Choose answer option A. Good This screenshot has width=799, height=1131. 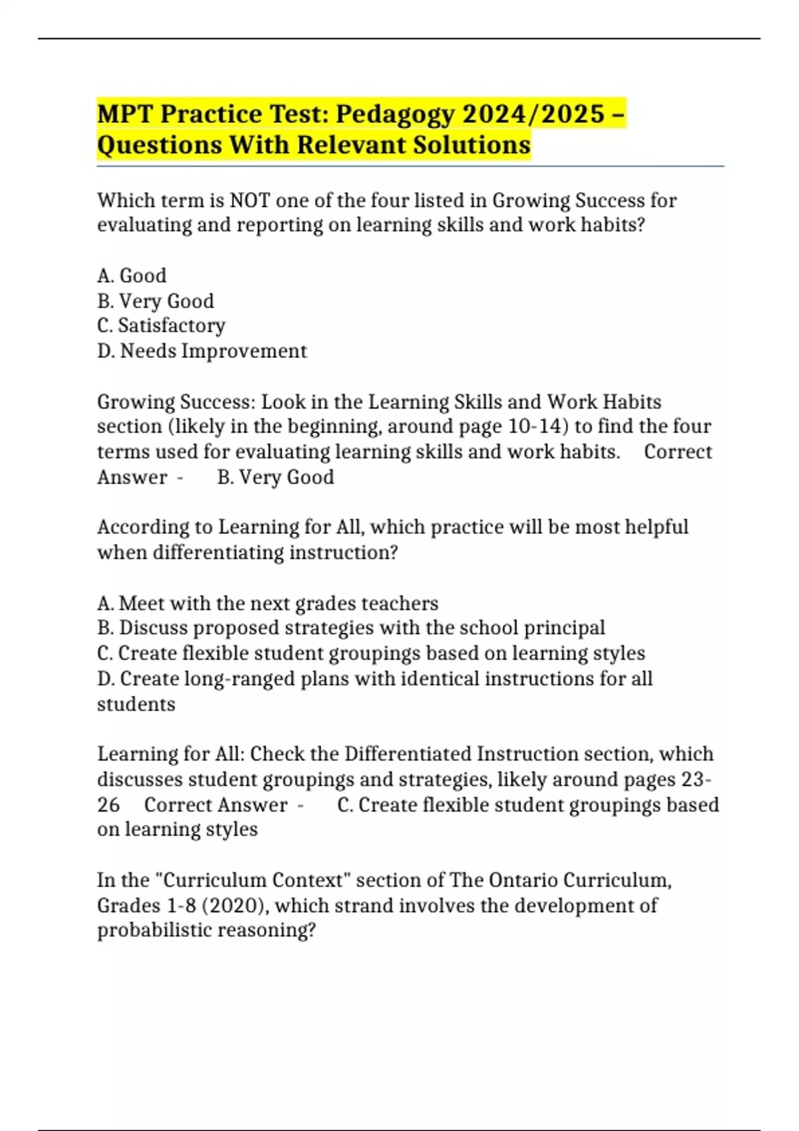click(x=132, y=275)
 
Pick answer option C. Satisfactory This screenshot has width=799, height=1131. click(x=161, y=325)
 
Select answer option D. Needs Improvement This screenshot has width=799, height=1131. click(x=202, y=351)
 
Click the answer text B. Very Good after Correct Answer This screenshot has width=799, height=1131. click(x=276, y=477)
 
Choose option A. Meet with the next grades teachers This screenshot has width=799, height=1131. click(x=268, y=603)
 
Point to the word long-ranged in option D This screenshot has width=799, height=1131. click(x=240, y=679)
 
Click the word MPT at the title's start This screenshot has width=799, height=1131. click(x=125, y=114)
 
